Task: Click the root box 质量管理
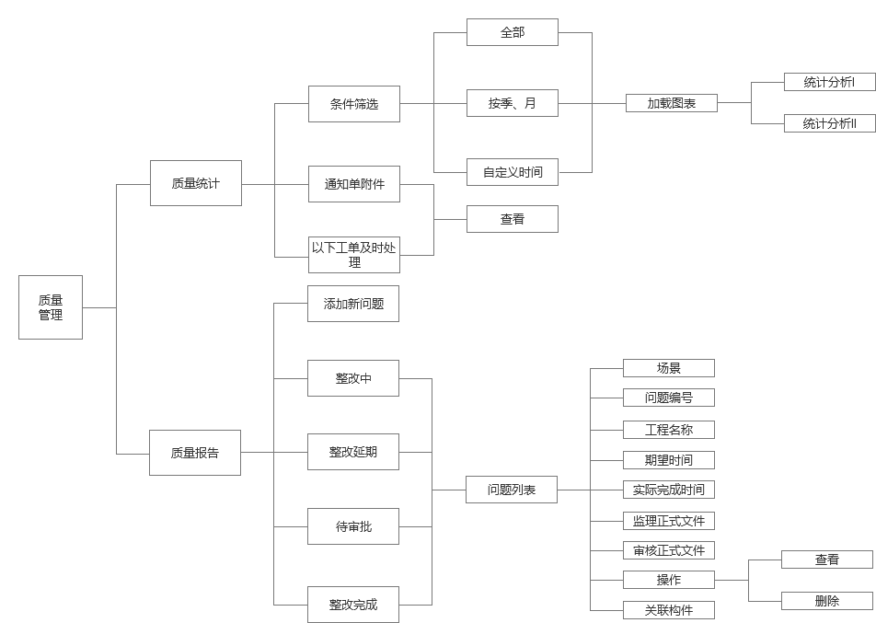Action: coord(51,307)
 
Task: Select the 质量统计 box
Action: coord(195,183)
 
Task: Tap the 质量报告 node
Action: coord(194,453)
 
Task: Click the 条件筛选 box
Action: coord(354,104)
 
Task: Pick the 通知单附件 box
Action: coord(354,184)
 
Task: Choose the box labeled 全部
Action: coord(513,32)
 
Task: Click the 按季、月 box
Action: coord(513,104)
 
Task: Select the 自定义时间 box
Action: coord(513,172)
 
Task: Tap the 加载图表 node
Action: coord(671,104)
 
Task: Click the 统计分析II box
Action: coord(829,123)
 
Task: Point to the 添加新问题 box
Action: coord(353,304)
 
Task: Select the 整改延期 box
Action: coord(353,452)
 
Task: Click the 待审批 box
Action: coord(353,526)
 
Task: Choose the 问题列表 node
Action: coord(512,490)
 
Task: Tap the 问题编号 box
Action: coord(669,398)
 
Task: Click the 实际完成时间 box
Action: coord(669,490)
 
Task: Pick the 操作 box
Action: coord(669,580)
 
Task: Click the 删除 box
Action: coord(827,601)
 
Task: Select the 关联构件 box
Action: coord(669,610)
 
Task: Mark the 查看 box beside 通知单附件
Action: coord(513,219)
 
